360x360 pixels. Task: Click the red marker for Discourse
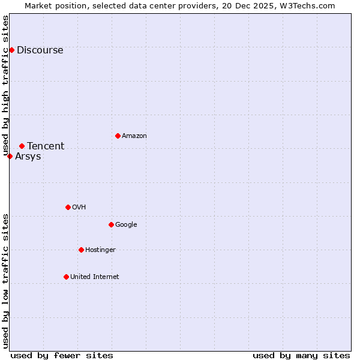(x=11, y=50)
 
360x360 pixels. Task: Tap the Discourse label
(x=40, y=50)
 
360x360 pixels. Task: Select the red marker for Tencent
(x=22, y=146)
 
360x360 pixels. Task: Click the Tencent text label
(x=46, y=146)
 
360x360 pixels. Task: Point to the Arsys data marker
(x=10, y=156)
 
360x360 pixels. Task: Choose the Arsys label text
(x=28, y=157)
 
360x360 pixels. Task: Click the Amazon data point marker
(x=118, y=136)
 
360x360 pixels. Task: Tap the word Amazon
(x=134, y=136)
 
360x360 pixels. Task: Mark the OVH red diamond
(x=68, y=207)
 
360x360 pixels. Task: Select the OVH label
(x=79, y=208)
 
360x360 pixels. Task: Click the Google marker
(x=111, y=224)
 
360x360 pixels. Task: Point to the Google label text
(x=126, y=225)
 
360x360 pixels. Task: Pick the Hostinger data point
(x=81, y=250)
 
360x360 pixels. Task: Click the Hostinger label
(x=100, y=250)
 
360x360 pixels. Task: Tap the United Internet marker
(x=66, y=277)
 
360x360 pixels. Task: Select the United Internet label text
(x=94, y=277)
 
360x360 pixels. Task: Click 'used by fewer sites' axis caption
(x=62, y=355)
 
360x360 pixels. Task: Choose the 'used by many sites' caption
(x=301, y=355)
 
